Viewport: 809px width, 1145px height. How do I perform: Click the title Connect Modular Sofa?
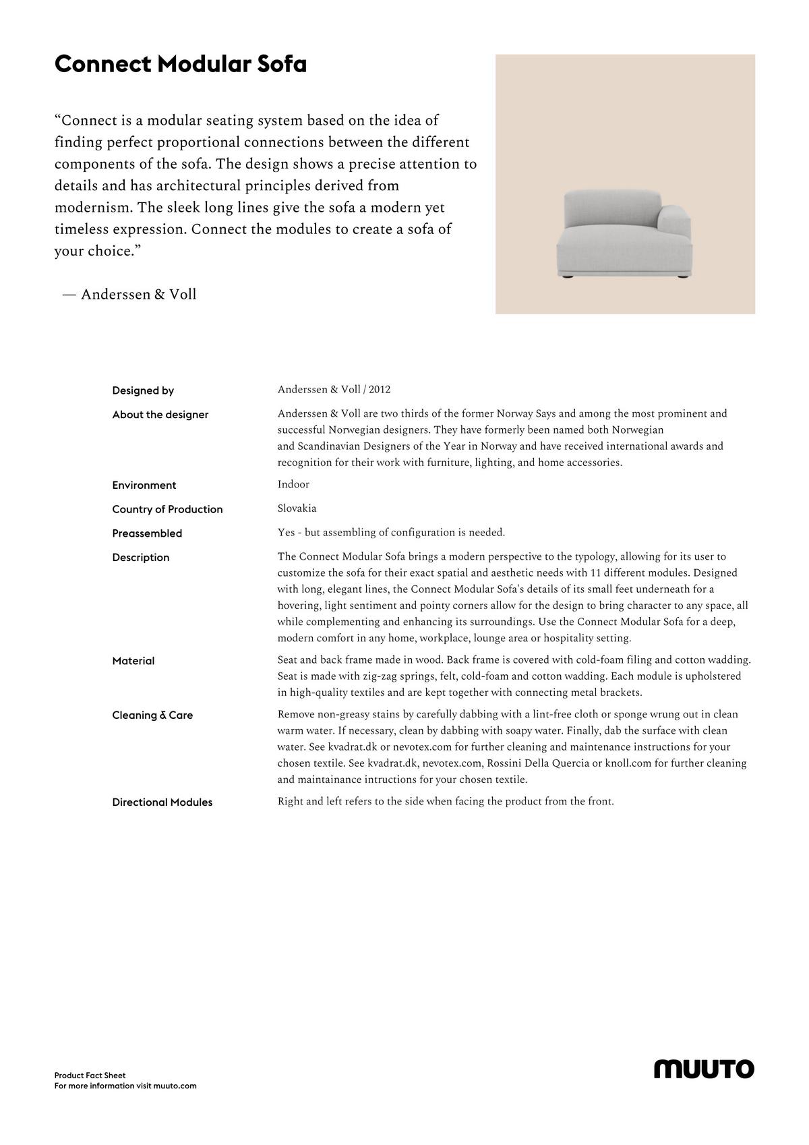point(180,65)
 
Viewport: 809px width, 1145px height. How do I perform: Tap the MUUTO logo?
point(704,1069)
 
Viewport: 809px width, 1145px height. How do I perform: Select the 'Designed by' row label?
point(143,390)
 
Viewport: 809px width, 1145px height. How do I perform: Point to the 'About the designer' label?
point(160,415)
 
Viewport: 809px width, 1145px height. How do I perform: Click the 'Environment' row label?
point(144,486)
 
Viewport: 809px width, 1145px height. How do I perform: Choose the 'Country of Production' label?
point(167,509)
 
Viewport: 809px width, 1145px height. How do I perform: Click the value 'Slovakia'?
point(297,508)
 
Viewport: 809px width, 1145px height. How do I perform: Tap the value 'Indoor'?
point(293,484)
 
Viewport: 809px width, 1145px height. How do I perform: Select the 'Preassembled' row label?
point(147,533)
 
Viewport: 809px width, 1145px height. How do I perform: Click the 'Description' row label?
point(141,558)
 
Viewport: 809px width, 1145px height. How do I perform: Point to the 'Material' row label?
point(133,662)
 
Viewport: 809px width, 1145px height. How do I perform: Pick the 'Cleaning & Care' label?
point(152,715)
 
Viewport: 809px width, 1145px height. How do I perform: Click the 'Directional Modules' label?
point(162,802)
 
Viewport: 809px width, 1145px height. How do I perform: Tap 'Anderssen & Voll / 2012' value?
point(334,390)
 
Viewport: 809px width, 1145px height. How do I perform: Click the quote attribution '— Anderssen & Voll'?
point(129,295)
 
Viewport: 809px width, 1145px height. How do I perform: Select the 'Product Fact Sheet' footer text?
point(90,1076)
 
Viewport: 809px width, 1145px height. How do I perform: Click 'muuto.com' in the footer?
point(175,1086)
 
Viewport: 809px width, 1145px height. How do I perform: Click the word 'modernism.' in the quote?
point(94,208)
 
